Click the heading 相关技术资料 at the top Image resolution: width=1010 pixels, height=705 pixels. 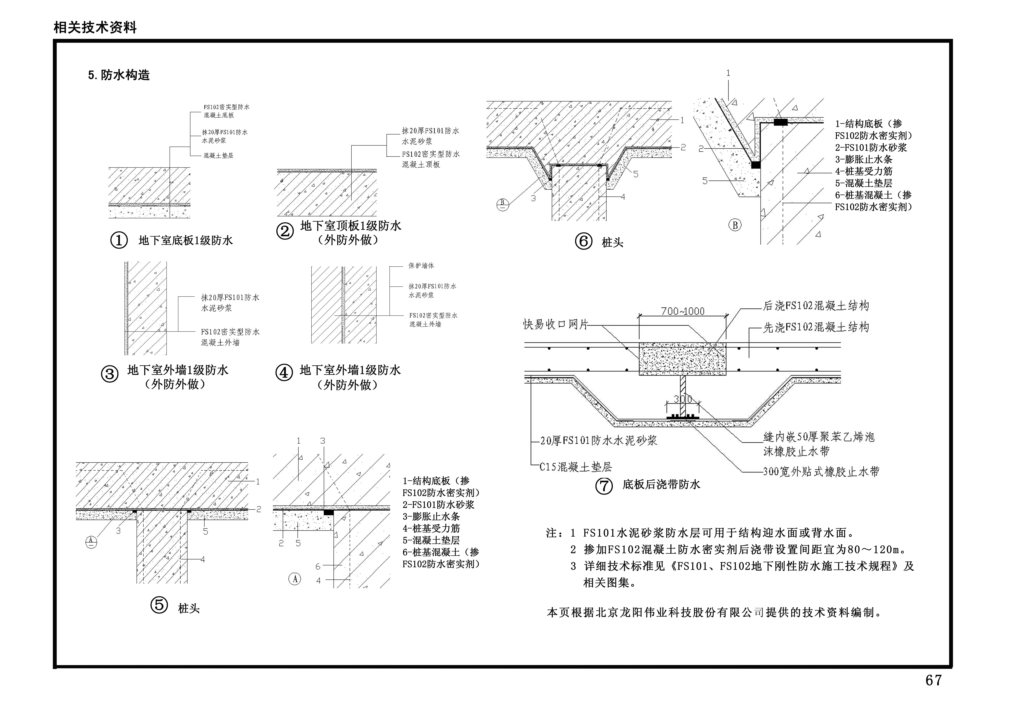[95, 28]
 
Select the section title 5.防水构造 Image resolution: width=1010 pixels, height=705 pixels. [119, 75]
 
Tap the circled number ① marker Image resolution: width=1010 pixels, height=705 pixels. [119, 240]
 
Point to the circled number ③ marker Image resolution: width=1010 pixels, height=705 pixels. [110, 374]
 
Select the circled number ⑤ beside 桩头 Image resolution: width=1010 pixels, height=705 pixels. [159, 606]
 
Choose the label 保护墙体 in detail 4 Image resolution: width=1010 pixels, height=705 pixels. [421, 266]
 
